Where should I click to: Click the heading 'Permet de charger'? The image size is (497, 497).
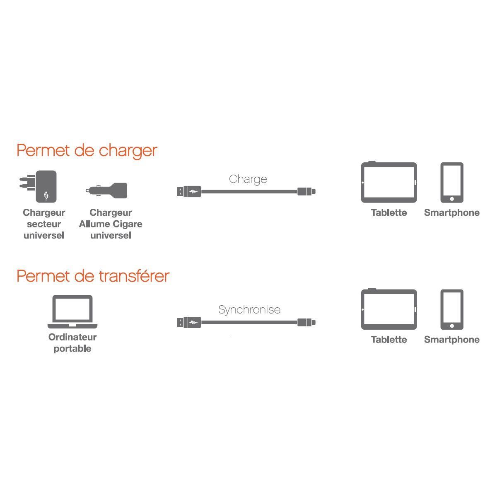pos(87,151)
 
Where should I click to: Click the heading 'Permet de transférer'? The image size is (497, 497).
pos(93,276)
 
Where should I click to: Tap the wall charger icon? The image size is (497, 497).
pos(41,186)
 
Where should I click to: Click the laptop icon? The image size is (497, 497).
pos(72,311)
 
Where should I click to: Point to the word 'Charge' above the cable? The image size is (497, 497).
pos(248,179)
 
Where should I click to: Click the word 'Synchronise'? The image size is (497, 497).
pos(249,310)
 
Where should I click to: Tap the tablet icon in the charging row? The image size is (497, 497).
pos(389,183)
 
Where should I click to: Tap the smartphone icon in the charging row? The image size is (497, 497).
pos(451,183)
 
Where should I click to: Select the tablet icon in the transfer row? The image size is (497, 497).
pos(389,309)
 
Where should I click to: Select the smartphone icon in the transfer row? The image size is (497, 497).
pos(451,309)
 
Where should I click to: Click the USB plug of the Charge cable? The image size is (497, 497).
pos(189,192)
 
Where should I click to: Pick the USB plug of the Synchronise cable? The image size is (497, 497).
pos(189,322)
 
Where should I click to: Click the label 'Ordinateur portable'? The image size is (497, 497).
pos(72,343)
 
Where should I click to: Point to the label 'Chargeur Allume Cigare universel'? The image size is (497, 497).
pos(111,224)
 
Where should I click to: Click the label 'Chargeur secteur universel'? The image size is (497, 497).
pos(44,224)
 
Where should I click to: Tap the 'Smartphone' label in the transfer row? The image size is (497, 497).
pos(451,340)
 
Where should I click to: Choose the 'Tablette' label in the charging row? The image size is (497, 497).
pos(389,213)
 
